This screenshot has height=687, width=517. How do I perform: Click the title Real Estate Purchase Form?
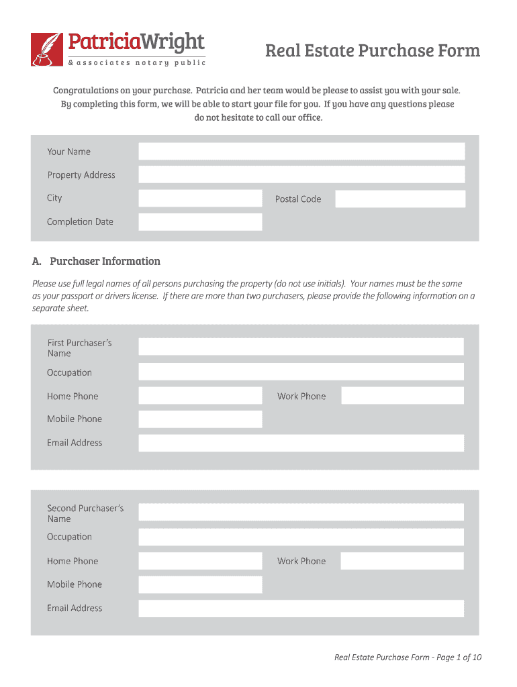coord(372,51)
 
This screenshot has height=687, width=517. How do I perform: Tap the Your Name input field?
coord(301,152)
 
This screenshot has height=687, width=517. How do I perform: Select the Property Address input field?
coord(301,175)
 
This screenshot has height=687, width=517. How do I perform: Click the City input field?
coord(200,199)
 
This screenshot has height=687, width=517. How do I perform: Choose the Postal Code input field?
coord(400,199)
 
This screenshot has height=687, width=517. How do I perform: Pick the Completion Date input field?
coord(200,222)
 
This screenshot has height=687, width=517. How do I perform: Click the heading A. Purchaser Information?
coord(97,261)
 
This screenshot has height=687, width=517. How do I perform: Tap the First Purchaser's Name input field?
coord(301,347)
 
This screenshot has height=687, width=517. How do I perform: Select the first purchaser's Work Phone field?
coord(402,396)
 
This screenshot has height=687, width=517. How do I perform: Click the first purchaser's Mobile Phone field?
coord(200,419)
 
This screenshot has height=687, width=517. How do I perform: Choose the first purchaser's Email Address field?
coord(301,443)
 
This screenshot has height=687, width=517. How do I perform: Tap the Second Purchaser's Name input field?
coord(301,513)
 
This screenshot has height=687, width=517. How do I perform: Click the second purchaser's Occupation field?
coord(301,537)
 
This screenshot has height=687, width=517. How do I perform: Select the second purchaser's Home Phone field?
coord(200,562)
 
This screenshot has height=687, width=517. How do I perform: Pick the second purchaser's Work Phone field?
coord(402,562)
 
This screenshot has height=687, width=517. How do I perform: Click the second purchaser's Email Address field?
coord(301,609)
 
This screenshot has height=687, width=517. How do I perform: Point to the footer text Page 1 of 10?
coord(408,657)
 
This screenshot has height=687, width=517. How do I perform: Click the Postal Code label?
coord(298,199)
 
